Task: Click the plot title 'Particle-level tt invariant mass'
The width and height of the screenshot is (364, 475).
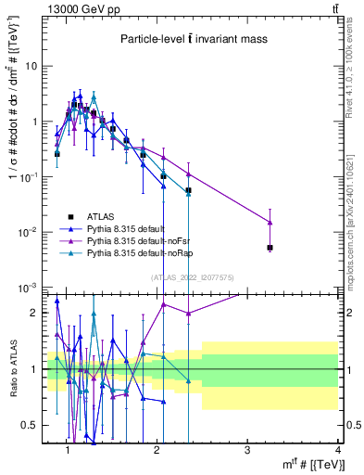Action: (192, 40)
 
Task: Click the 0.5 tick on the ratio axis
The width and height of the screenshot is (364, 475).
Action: (32, 425)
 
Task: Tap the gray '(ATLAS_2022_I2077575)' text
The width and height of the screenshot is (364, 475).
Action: (192, 276)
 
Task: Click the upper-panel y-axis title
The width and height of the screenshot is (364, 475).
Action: (13, 148)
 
